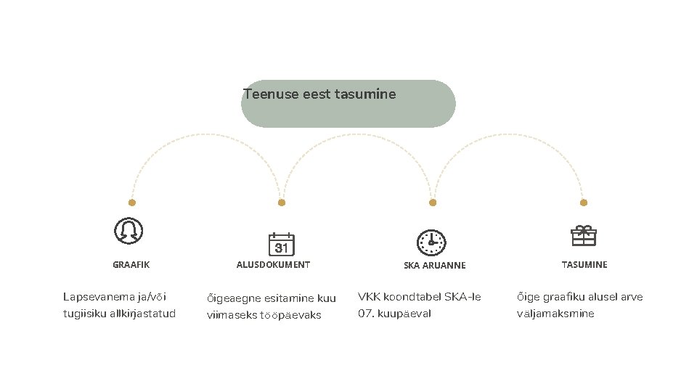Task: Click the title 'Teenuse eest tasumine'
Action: click(319, 94)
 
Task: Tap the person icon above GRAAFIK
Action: click(129, 231)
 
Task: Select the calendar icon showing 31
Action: click(281, 245)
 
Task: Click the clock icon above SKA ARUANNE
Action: click(431, 242)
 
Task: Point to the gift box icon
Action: click(583, 235)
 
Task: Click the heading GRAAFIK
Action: click(131, 265)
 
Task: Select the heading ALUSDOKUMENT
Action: click(273, 265)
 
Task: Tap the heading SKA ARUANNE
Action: click(434, 266)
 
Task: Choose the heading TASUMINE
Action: click(584, 265)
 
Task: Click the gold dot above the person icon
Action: click(131, 203)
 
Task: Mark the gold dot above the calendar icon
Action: click(282, 203)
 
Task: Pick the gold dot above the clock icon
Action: click(433, 203)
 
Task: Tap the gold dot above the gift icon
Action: click(584, 203)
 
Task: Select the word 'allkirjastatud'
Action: click(142, 314)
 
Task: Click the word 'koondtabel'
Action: click(410, 297)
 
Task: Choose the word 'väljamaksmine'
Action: click(555, 314)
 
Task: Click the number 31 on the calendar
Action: click(281, 248)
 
